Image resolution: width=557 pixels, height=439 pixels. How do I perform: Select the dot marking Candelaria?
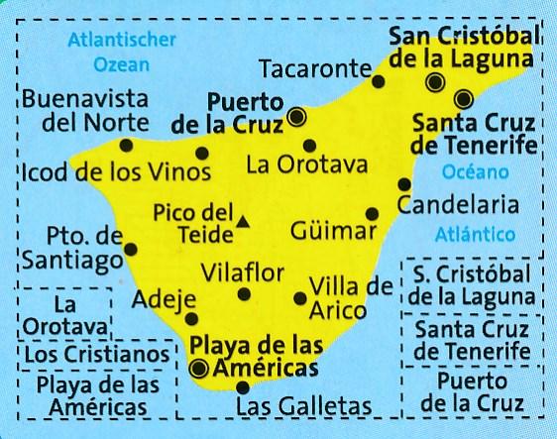[403, 184]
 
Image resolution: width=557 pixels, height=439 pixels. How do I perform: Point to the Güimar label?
[335, 232]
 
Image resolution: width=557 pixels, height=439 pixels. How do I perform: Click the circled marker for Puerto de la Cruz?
[297, 118]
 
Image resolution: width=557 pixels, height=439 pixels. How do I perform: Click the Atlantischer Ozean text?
[121, 53]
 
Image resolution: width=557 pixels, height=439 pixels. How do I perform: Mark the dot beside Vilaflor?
[245, 293]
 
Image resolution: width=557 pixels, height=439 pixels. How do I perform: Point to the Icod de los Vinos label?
[115, 172]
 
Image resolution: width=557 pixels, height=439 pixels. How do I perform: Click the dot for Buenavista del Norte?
[126, 145]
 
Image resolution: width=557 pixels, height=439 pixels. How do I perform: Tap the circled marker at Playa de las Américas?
[199, 370]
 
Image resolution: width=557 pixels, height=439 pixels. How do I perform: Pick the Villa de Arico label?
[351, 298]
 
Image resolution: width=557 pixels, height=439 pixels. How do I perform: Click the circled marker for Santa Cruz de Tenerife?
[464, 98]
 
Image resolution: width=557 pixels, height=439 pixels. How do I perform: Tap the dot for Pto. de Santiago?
[130, 250]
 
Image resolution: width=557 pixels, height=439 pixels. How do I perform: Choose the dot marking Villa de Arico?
[300, 298]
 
